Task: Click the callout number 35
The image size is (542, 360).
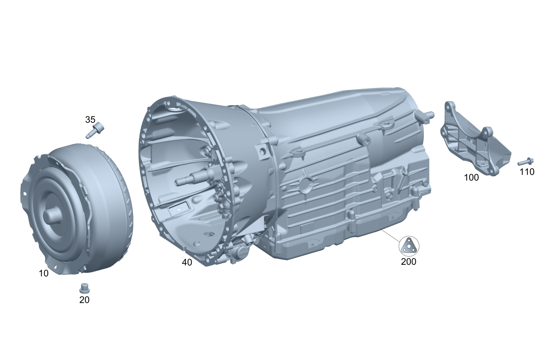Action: point(90,119)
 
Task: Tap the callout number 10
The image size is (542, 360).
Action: point(44,273)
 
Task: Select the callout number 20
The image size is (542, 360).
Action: point(85,300)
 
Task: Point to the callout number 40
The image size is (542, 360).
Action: point(187,262)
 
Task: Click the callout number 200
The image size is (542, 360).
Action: point(409,262)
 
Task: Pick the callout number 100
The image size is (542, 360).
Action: point(471,178)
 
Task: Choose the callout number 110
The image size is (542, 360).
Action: point(527,172)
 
